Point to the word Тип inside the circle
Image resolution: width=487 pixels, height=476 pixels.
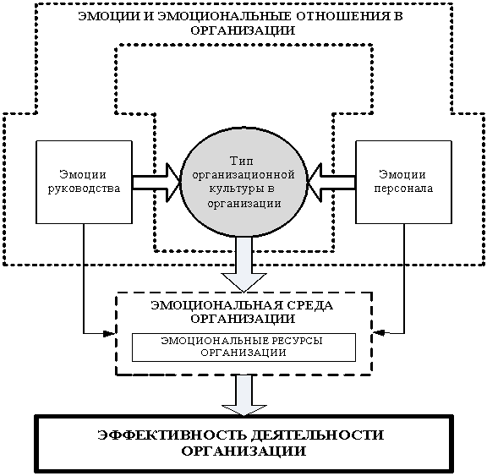click(242, 161)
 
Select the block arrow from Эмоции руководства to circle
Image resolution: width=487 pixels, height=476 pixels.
click(156, 183)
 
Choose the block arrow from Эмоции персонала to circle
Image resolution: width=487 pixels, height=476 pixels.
click(331, 183)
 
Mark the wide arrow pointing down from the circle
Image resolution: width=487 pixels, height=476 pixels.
click(243, 265)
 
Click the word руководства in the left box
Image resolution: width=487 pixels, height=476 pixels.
click(84, 189)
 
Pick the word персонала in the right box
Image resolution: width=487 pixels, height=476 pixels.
click(403, 189)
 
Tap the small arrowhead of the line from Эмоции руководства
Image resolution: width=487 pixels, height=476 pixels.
click(109, 334)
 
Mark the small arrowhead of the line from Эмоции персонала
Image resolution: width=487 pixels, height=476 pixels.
click(379, 333)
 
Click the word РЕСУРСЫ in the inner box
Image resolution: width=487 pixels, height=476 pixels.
click(296, 341)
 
